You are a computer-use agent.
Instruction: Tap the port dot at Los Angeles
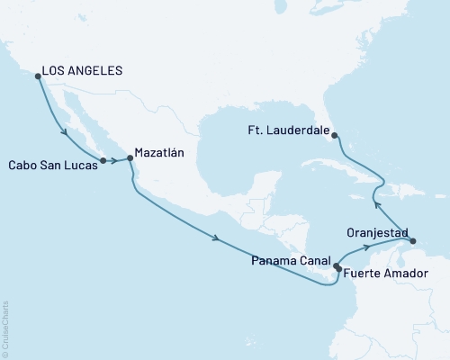[37, 76]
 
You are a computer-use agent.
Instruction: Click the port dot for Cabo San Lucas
[103, 161]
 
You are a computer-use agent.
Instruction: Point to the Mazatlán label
[159, 153]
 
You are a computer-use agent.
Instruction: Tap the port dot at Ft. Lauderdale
[335, 136]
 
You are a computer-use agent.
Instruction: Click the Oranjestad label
[373, 231]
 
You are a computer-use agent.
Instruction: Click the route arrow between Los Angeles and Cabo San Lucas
[66, 133]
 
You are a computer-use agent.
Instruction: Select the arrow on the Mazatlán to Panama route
[216, 238]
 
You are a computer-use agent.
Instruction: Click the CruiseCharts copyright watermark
[6, 328]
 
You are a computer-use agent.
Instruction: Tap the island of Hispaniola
[379, 184]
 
